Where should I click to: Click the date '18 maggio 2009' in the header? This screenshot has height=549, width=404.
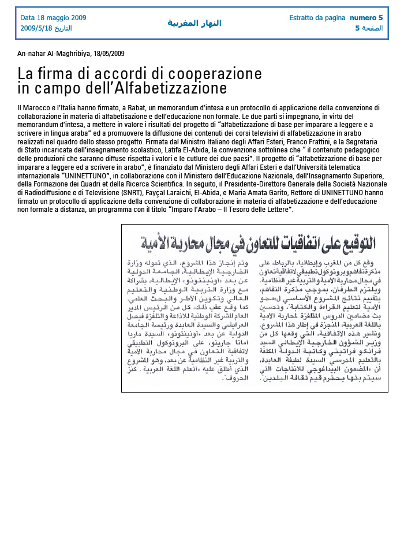coord(62,17)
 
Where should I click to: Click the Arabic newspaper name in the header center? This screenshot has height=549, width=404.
coord(194,23)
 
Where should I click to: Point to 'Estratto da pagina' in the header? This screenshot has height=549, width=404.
coord(317,17)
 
